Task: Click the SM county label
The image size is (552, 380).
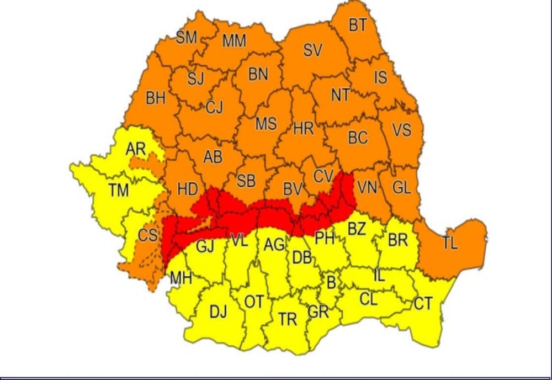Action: [186, 38]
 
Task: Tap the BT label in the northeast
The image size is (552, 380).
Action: [358, 25]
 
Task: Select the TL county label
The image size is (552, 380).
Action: [449, 243]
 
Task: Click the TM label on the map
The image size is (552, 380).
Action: [118, 191]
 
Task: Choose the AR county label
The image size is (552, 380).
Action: [135, 149]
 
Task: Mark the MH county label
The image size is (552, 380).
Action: [181, 278]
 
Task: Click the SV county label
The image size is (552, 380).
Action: [312, 50]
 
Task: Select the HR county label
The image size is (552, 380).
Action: [303, 129]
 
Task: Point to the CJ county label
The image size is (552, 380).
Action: [214, 107]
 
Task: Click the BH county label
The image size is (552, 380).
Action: [156, 98]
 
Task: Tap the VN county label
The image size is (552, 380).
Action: [367, 188]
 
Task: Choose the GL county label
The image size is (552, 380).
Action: [401, 188]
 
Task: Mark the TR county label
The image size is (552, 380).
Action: [287, 319]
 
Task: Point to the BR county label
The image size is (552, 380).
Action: [397, 241]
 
